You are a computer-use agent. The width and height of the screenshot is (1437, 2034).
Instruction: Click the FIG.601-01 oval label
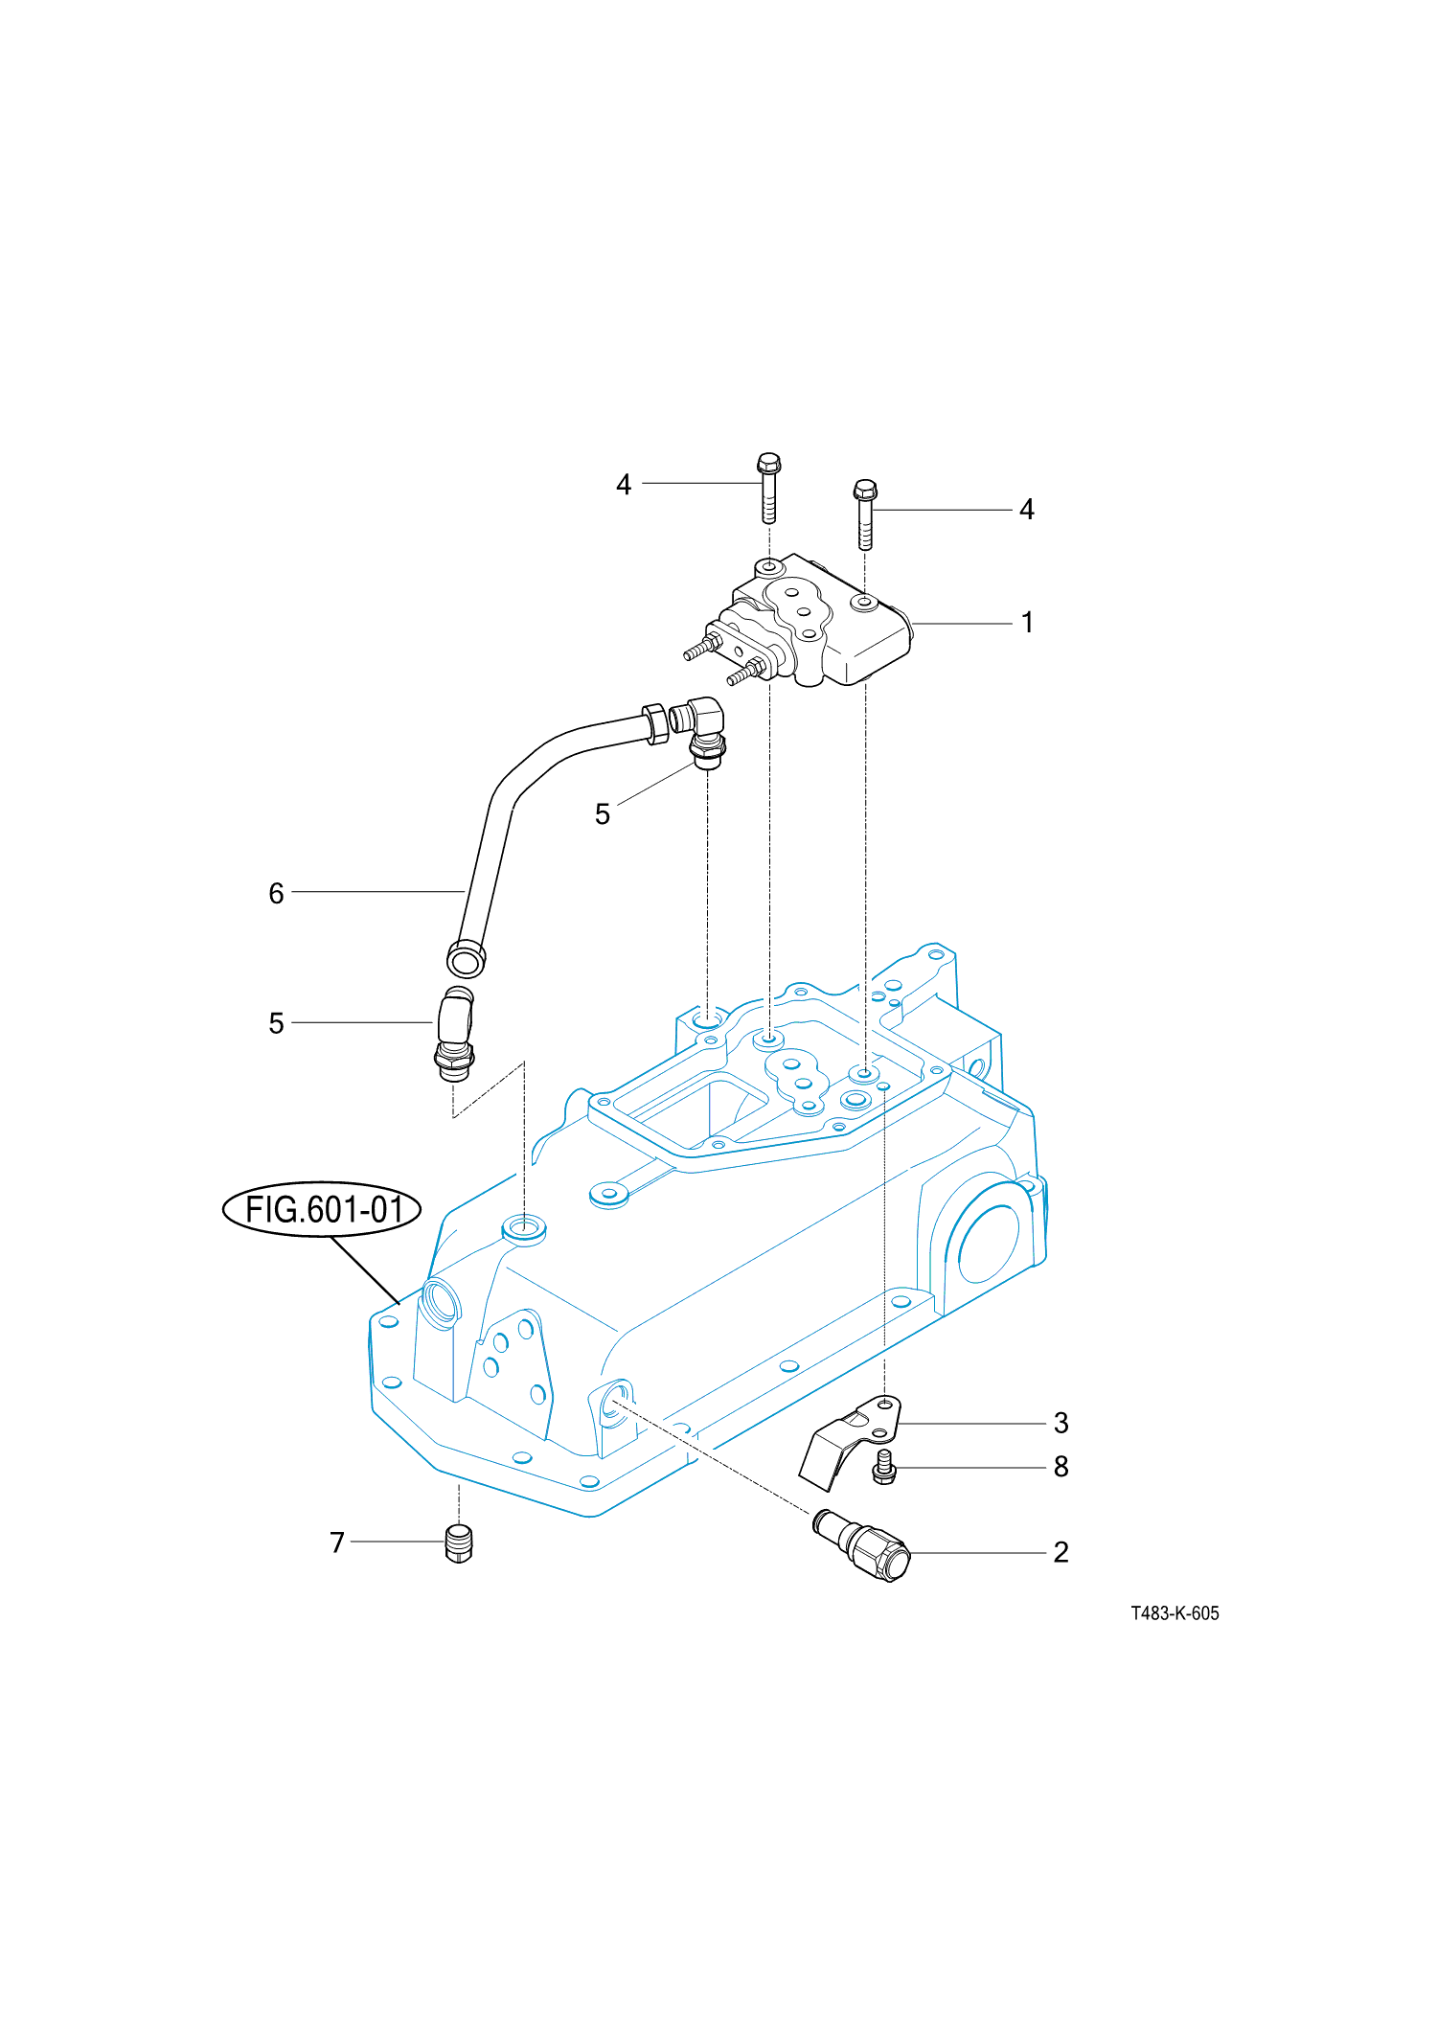click(322, 1209)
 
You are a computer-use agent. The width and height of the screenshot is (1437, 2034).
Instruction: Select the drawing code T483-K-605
click(1175, 1613)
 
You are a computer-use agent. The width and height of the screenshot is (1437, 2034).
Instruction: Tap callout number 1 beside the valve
click(1027, 623)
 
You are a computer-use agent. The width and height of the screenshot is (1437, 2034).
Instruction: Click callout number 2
click(1061, 1552)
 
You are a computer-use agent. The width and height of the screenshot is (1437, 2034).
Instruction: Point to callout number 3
click(1061, 1424)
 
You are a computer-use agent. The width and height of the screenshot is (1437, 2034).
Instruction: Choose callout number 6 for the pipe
click(276, 893)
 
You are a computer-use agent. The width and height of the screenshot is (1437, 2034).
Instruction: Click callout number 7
click(337, 1543)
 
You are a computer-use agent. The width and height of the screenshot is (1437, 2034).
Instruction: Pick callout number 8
click(1061, 1467)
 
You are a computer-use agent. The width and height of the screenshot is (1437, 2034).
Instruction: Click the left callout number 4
click(624, 485)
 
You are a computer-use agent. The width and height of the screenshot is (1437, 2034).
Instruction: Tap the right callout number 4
click(1027, 510)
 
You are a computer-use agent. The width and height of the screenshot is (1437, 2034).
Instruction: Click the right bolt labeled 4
click(865, 514)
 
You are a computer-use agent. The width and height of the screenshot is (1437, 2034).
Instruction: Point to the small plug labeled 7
click(460, 1543)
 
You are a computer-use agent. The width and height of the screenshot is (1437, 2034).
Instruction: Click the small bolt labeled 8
click(884, 1468)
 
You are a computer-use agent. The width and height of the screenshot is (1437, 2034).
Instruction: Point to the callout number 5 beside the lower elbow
click(276, 1023)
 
